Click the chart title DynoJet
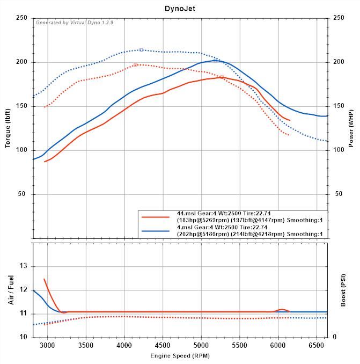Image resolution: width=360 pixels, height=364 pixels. (180, 9)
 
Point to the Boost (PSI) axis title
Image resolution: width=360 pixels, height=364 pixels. (343, 290)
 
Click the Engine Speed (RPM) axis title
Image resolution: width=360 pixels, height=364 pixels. (180, 356)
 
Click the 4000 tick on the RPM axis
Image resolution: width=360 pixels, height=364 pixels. (124, 345)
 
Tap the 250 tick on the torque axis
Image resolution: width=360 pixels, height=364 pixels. (22, 18)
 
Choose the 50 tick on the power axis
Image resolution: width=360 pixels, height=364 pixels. (338, 194)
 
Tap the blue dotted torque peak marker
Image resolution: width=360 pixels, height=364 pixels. (141, 50)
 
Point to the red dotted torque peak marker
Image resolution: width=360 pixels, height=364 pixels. (135, 64)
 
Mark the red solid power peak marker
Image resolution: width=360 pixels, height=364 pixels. (221, 77)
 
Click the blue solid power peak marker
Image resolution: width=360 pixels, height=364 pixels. (215, 61)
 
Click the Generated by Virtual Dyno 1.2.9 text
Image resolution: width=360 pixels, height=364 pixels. (74, 23)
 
